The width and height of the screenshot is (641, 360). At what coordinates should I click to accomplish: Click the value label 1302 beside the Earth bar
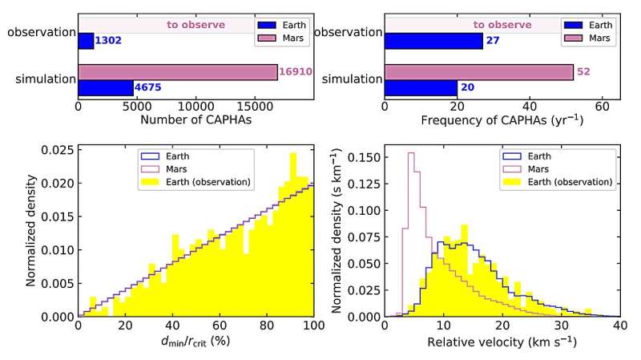tap(107, 41)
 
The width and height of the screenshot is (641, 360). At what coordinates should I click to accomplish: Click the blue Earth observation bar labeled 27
tap(433, 41)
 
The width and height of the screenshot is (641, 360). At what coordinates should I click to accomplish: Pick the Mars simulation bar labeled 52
tap(478, 72)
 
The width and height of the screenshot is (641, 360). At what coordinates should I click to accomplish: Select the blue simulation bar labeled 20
tap(421, 87)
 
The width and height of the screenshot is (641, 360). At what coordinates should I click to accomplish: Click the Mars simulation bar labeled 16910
tap(177, 72)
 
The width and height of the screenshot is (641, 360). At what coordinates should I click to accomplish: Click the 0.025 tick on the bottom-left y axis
tap(56, 149)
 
